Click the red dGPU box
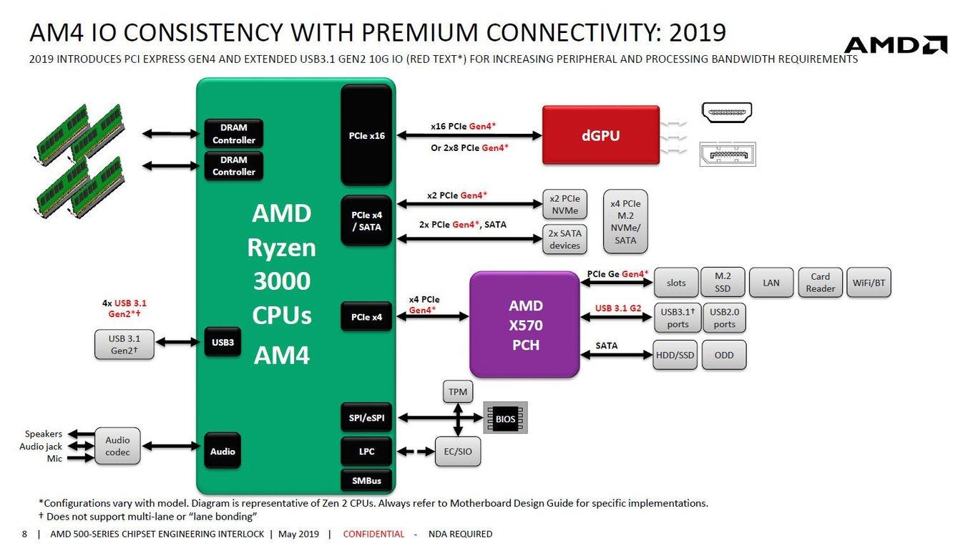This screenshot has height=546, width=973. click(x=600, y=135)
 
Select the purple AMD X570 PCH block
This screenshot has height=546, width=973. click(x=524, y=325)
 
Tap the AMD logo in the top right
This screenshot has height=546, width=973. click(x=895, y=45)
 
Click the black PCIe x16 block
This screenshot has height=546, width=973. click(x=366, y=135)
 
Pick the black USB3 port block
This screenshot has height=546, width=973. click(x=223, y=342)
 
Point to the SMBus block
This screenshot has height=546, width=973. click(x=366, y=480)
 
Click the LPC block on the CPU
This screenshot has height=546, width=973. click(x=366, y=452)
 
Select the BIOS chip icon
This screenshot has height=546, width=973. click(x=505, y=418)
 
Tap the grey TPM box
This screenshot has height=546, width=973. click(x=457, y=392)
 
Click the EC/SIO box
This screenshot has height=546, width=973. click(x=458, y=452)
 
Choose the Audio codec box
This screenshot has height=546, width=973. click(x=117, y=447)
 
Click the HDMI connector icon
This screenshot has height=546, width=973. click(x=727, y=112)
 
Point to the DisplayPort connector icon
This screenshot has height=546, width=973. click(x=727, y=155)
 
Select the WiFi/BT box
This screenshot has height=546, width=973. click(x=869, y=283)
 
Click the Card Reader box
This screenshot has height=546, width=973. click(x=820, y=283)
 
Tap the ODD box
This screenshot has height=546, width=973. click(x=724, y=355)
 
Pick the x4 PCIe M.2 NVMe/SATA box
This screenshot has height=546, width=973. click(x=625, y=222)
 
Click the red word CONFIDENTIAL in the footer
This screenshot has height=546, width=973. click(x=373, y=534)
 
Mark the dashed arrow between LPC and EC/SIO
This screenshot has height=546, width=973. click(x=414, y=452)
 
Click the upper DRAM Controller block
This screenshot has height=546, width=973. click(x=233, y=135)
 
